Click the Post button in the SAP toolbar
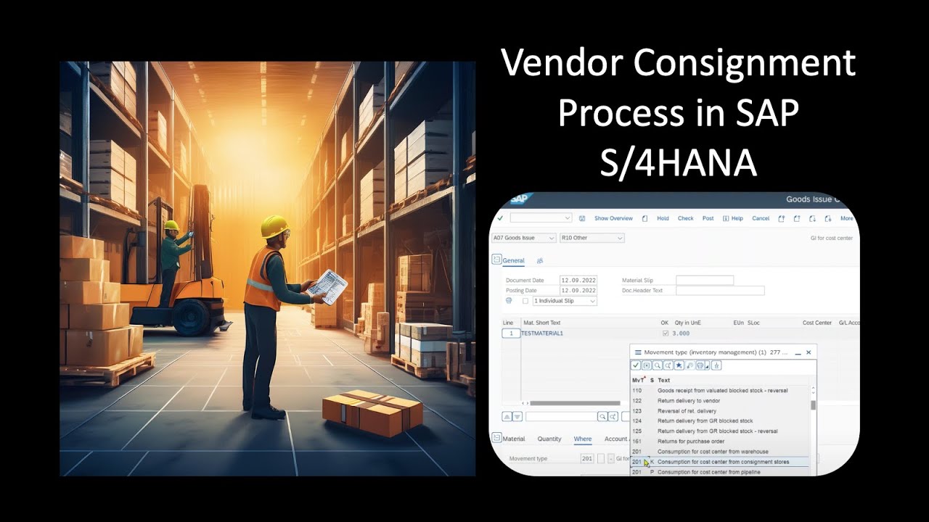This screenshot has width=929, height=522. (x=708, y=218)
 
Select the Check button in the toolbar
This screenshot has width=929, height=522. (x=685, y=218)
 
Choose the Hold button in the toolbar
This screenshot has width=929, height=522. (x=663, y=218)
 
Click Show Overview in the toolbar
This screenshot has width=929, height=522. (x=613, y=218)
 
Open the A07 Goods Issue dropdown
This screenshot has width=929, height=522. (x=523, y=238)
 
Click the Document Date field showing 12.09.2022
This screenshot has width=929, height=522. (x=578, y=280)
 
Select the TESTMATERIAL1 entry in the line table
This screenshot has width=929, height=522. (x=542, y=333)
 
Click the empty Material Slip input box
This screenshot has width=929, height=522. (x=704, y=280)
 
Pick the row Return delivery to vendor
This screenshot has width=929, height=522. (x=688, y=400)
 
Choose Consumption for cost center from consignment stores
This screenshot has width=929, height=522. (x=723, y=462)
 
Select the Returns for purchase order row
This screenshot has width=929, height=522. (x=690, y=441)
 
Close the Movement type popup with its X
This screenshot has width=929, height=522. (x=809, y=352)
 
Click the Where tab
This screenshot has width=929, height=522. (x=582, y=439)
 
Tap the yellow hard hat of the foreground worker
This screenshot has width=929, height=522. (x=274, y=225)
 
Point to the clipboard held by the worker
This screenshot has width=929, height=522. (x=328, y=286)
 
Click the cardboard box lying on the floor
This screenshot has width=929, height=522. (x=372, y=413)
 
